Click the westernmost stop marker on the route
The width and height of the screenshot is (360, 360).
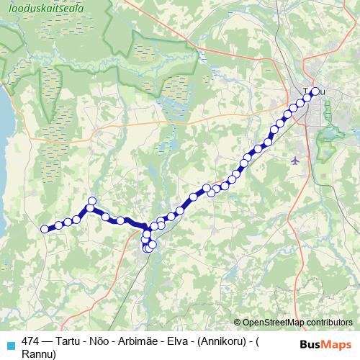click(x=45, y=229)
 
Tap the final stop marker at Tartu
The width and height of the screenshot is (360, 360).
click(x=315, y=91)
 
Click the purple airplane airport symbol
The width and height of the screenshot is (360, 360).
click(x=295, y=160)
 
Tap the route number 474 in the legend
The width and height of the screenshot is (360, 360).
click(x=31, y=341)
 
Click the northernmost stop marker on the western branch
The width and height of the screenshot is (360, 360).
click(x=91, y=201)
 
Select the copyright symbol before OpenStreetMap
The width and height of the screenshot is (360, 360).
click(x=238, y=323)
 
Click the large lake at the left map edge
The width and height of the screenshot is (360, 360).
click(x=3, y=115)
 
